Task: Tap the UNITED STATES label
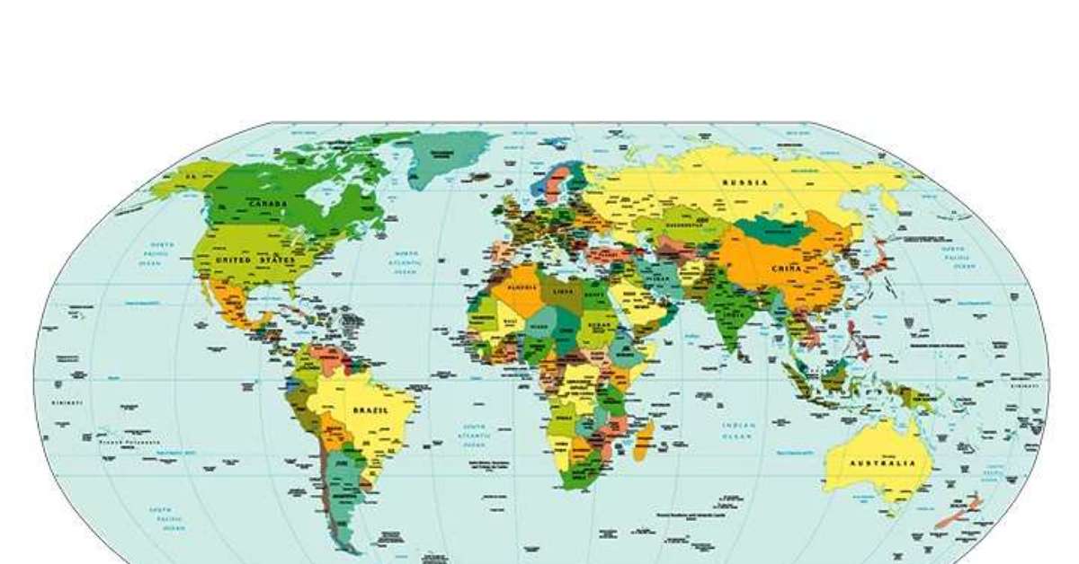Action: pos(255,260)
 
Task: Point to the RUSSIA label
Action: pos(745,182)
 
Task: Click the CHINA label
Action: pos(786,269)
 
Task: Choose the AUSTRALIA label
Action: pos(883,463)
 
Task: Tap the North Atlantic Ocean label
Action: pos(405,260)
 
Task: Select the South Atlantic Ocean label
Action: pos(475,436)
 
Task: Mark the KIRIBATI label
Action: pos(67,401)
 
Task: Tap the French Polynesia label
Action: pos(129,442)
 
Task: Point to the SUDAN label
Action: pos(596,325)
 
